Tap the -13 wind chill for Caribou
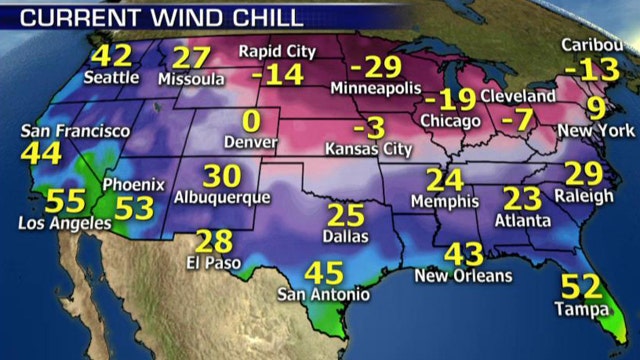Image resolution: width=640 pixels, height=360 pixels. point(586,69)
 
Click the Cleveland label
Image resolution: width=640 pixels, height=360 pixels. point(517,96)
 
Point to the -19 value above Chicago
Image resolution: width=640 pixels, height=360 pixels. point(447,99)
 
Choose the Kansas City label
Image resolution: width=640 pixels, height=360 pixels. point(369,149)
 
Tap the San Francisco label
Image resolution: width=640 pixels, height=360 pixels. point(60,131)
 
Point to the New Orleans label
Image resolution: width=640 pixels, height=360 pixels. point(463,275)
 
